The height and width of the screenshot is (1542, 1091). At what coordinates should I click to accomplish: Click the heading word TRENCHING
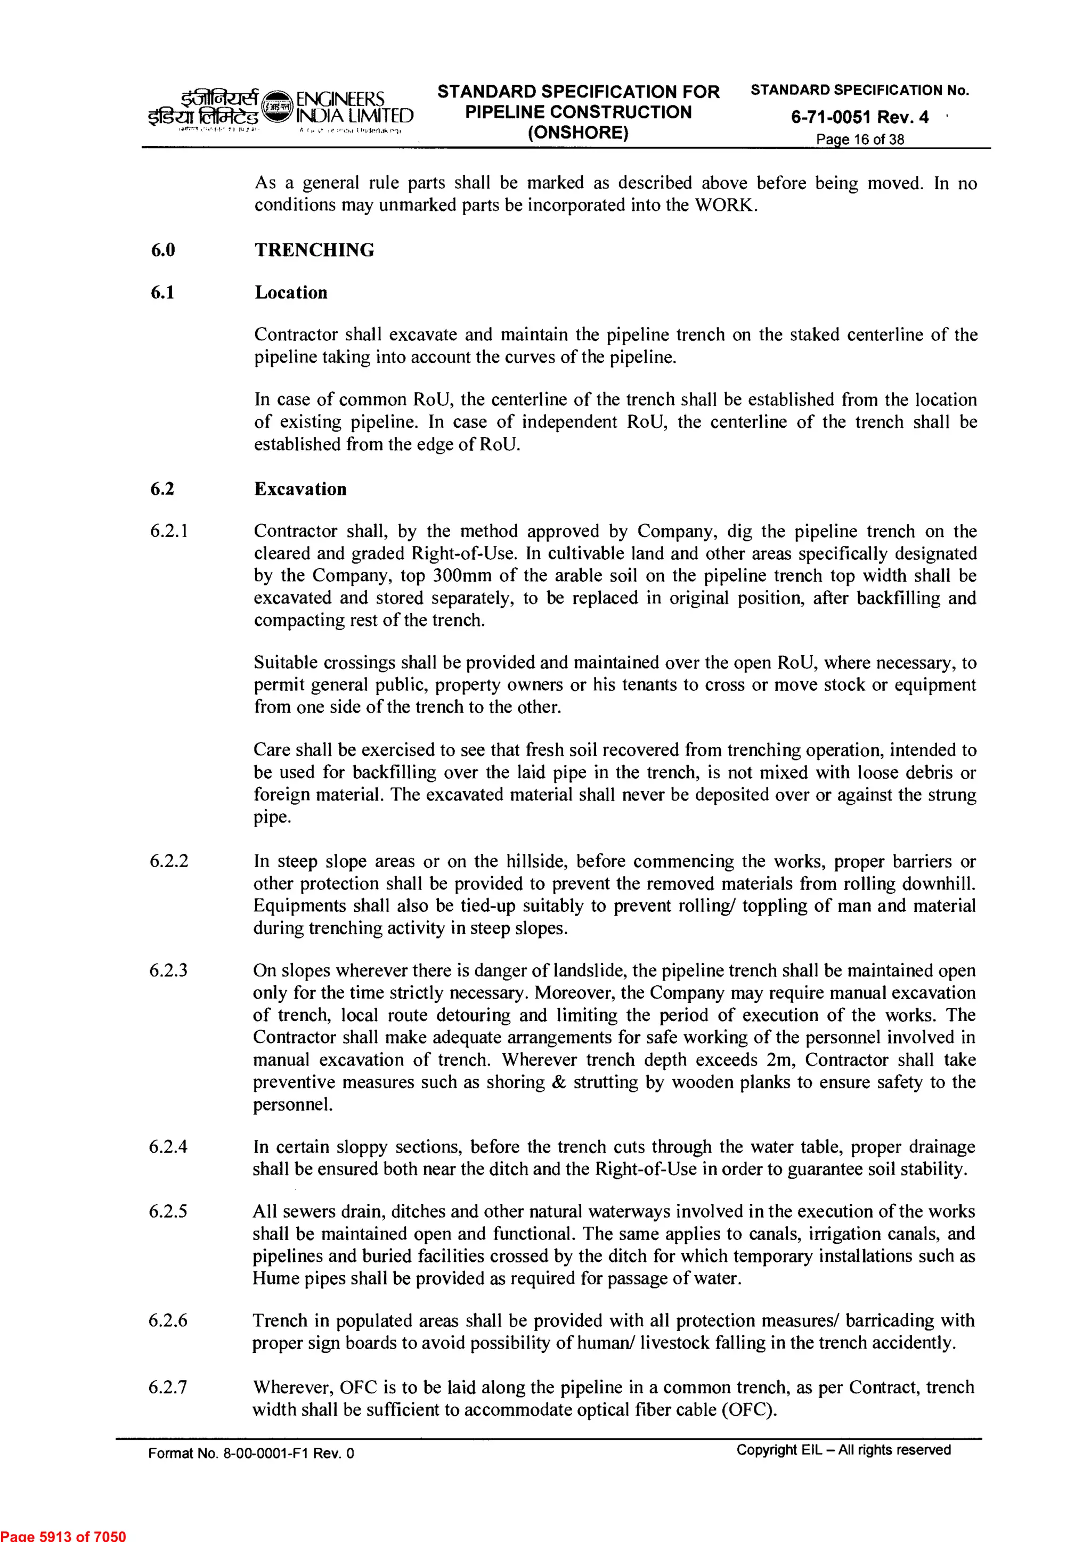(x=314, y=250)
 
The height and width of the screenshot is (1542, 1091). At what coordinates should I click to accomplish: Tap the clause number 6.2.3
(x=168, y=970)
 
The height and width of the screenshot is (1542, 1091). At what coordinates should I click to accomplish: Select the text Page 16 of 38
(x=859, y=140)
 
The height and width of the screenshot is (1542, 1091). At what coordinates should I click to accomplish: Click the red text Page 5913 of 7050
(x=62, y=1535)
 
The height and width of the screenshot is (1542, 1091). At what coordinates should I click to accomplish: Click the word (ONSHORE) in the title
(x=578, y=132)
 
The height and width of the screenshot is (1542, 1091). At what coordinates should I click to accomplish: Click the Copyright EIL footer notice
(x=843, y=1449)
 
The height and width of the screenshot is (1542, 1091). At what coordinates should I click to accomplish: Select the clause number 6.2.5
(x=168, y=1212)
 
